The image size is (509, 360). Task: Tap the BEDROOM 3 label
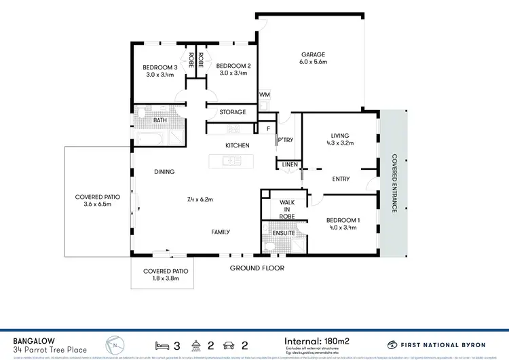(x=160, y=67)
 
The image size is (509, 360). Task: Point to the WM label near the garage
(x=263, y=96)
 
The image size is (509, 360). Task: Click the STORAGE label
(x=232, y=112)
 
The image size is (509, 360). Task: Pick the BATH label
(x=160, y=120)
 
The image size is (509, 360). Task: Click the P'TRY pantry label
(x=284, y=141)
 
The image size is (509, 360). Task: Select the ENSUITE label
(x=284, y=233)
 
